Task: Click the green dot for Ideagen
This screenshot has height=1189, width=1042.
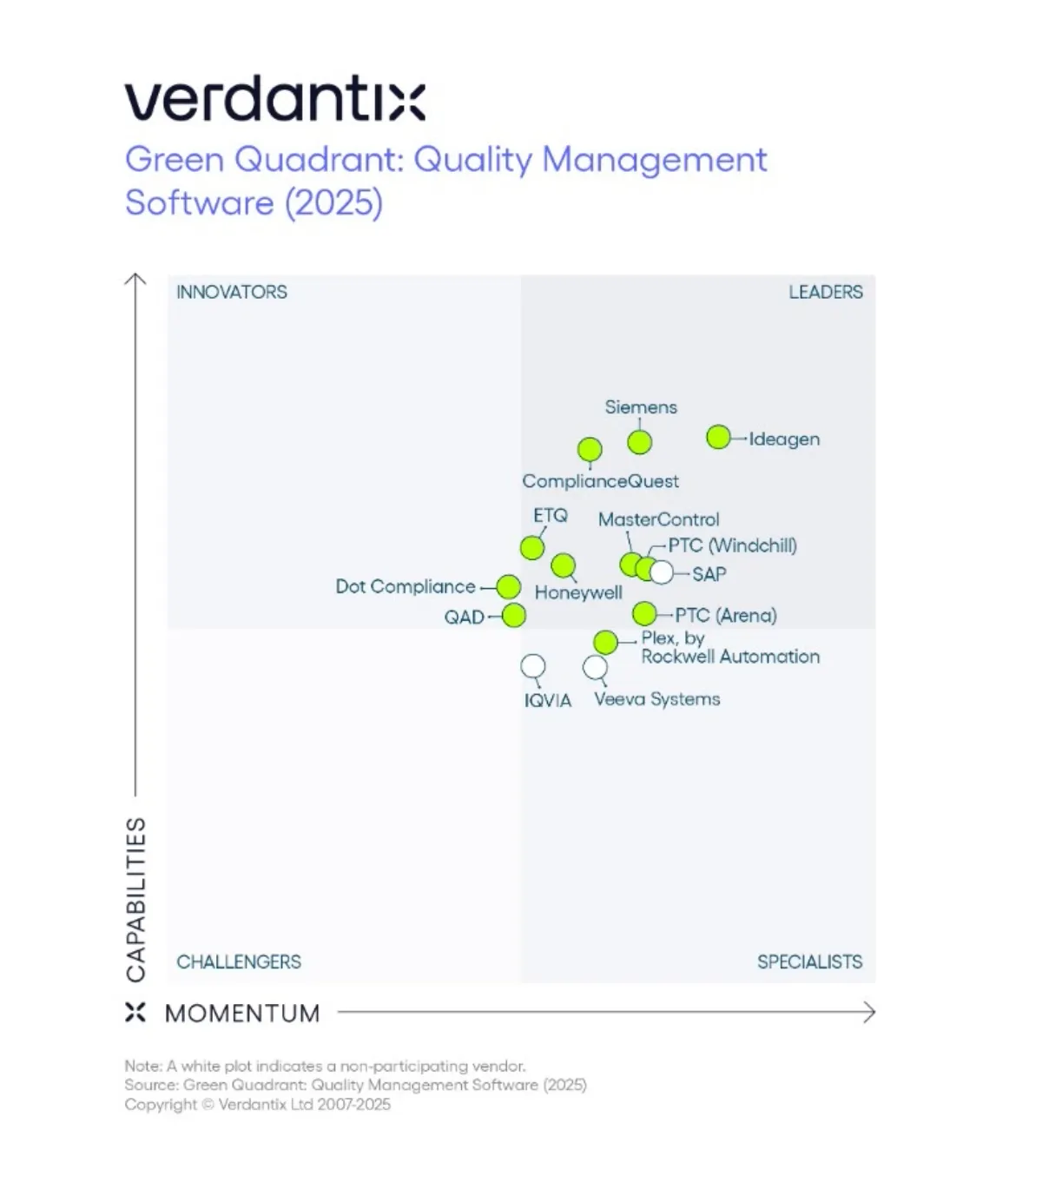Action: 718,438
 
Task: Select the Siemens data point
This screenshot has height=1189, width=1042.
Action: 640,442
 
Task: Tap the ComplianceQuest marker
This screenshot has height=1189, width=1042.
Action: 590,450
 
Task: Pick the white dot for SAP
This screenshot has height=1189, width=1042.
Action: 662,572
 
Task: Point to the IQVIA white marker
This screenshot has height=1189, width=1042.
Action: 533,667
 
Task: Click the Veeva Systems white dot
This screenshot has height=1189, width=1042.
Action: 595,667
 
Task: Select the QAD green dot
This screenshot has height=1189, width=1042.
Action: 514,616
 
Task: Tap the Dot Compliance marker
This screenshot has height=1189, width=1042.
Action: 509,587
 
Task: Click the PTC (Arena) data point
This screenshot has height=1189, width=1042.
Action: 644,614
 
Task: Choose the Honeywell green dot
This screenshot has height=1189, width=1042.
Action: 564,565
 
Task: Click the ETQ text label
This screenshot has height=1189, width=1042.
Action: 551,515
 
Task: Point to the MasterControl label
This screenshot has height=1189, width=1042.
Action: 659,519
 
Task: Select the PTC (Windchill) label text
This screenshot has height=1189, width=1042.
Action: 732,545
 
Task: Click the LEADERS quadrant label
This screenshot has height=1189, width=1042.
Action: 825,292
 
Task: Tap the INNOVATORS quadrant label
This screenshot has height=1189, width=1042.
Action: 232,292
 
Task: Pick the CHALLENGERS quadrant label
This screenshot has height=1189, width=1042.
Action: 239,961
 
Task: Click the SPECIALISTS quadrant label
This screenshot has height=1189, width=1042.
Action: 809,961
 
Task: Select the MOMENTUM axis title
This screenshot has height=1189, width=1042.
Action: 242,1014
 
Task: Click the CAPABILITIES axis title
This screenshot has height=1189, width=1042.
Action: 136,899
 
